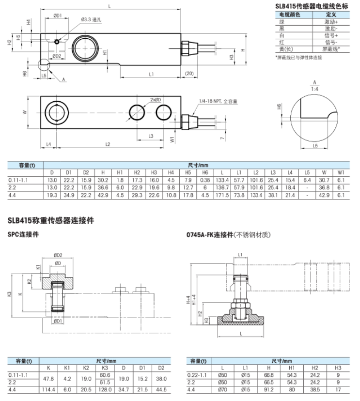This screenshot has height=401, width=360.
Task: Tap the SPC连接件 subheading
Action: point(23,234)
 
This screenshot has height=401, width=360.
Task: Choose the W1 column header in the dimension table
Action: point(341,172)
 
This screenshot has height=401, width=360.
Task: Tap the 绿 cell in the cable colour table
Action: point(281,22)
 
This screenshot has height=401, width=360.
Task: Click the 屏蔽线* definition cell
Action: point(332,49)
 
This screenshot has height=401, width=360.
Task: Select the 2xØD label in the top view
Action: point(156,99)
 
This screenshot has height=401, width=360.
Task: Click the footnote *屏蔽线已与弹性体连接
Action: point(298,57)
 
